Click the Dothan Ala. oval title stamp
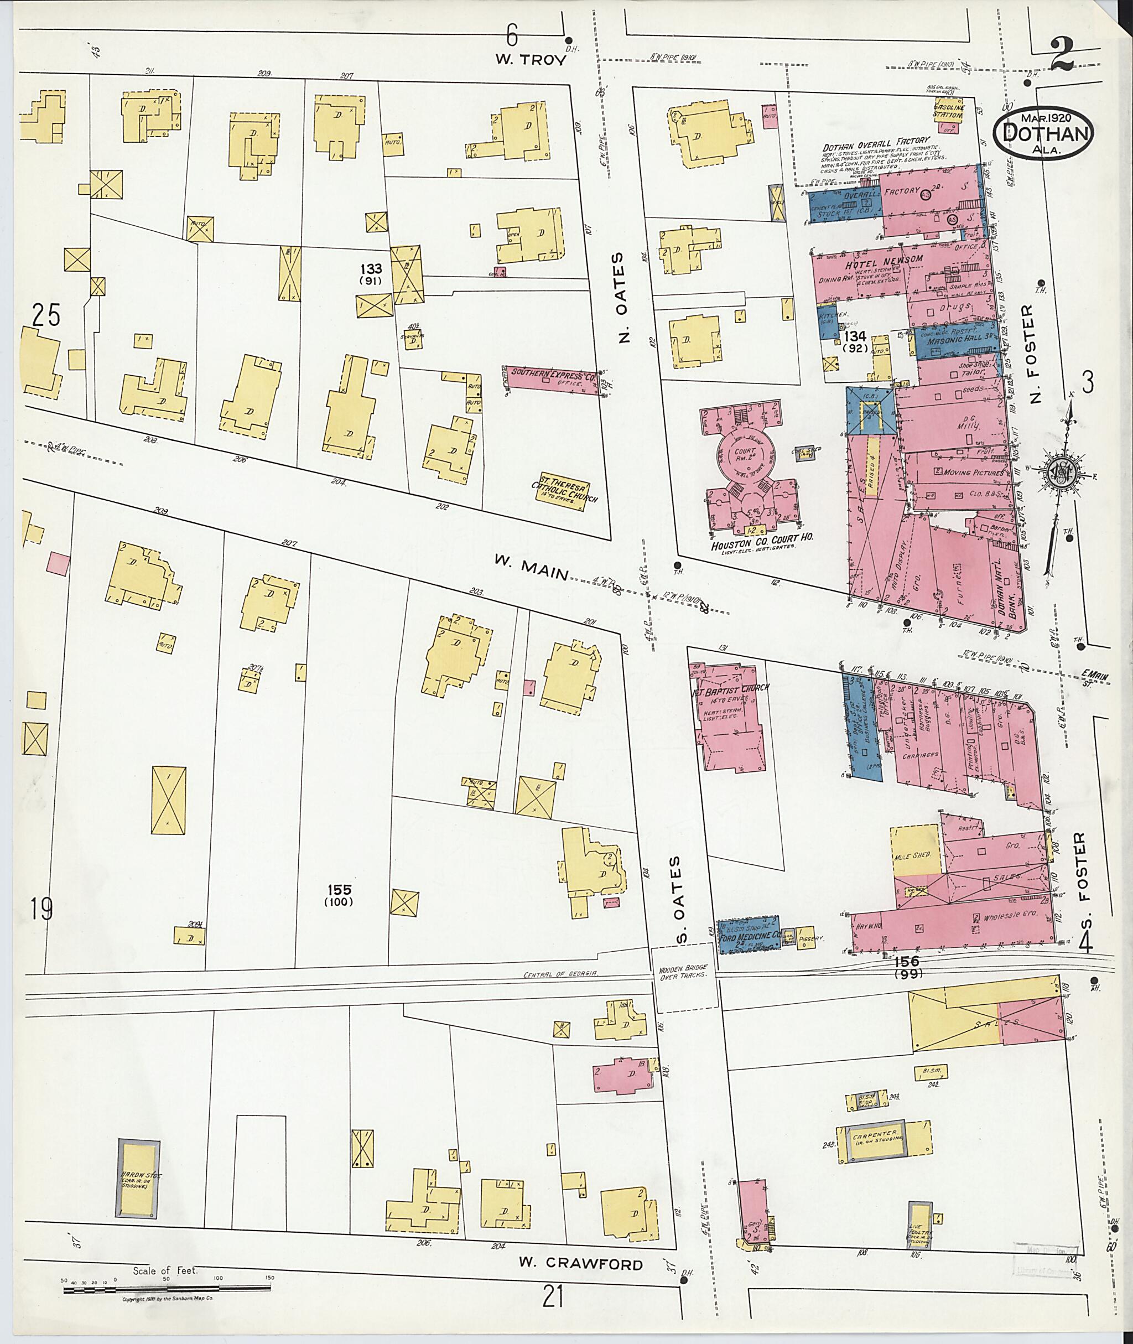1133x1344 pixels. [x=1044, y=135]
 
